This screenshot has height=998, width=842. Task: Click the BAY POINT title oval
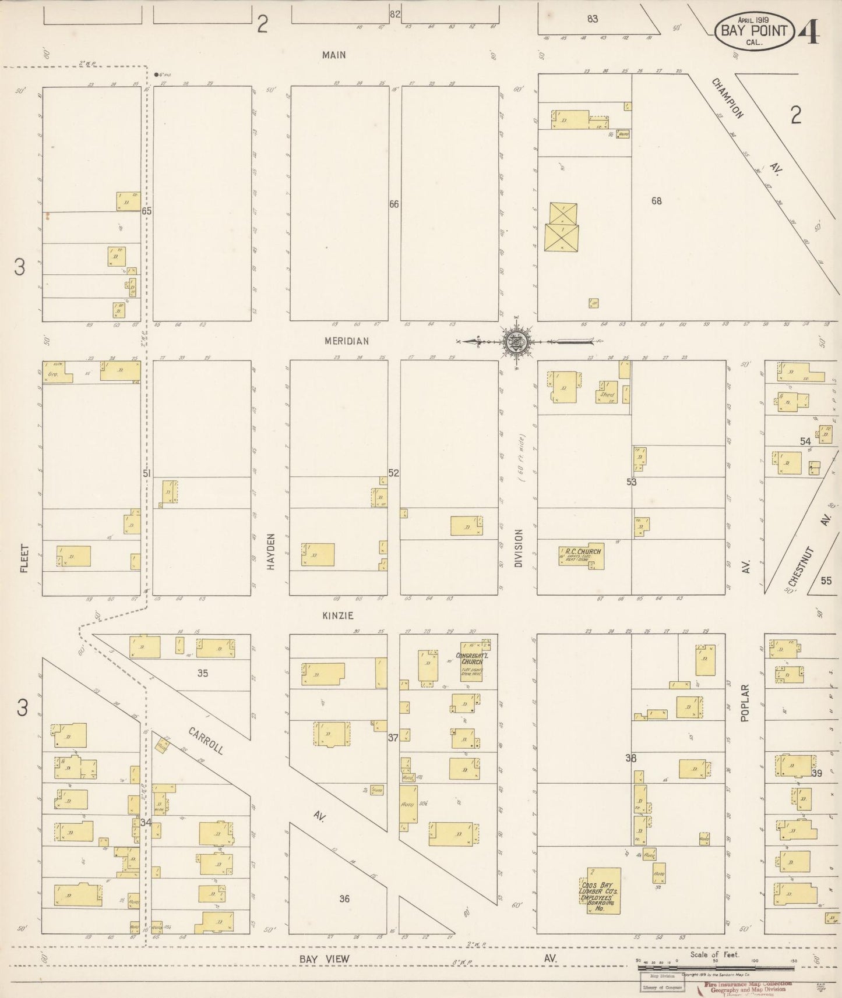pyautogui.click(x=754, y=31)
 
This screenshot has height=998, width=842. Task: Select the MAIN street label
pyautogui.click(x=334, y=55)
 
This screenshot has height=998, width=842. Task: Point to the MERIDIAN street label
pyautogui.click(x=347, y=341)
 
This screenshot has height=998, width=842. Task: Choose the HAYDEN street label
pyautogui.click(x=270, y=553)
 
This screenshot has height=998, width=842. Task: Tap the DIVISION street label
pyautogui.click(x=519, y=548)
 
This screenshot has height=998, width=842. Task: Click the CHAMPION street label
pyautogui.click(x=727, y=98)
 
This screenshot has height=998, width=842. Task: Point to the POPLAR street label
pyautogui.click(x=745, y=703)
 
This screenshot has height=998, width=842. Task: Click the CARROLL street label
pyautogui.click(x=206, y=740)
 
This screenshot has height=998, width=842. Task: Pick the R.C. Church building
pyautogui.click(x=582, y=556)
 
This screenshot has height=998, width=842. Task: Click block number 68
pyautogui.click(x=657, y=201)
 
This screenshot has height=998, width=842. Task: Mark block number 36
pyautogui.click(x=344, y=898)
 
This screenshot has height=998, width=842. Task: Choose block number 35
pyautogui.click(x=202, y=673)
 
